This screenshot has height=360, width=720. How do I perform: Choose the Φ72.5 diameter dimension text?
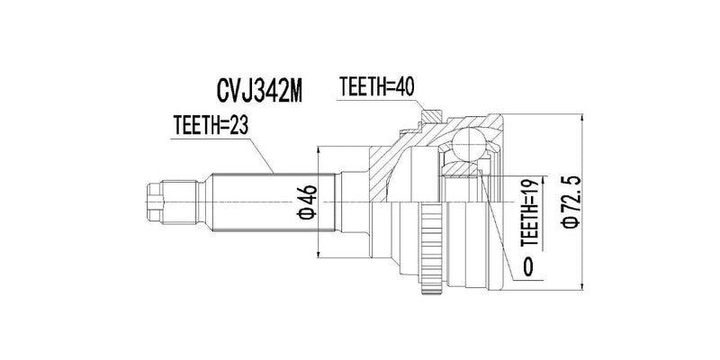[x=568, y=203]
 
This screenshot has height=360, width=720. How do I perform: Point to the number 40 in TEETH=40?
[x=409, y=87]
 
